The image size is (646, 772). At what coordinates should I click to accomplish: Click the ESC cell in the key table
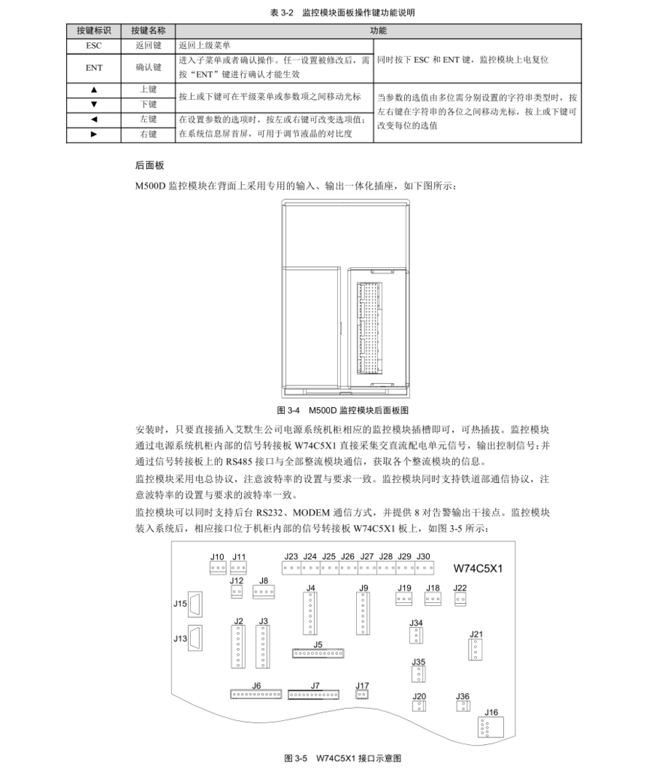[93, 45]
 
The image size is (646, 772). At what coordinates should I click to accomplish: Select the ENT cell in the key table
[93, 68]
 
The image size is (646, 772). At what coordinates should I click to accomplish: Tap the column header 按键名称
[148, 31]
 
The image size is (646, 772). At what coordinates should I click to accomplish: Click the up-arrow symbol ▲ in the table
[93, 89]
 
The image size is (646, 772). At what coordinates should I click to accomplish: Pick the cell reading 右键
[148, 134]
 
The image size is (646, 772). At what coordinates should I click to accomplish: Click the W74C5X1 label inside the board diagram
[478, 568]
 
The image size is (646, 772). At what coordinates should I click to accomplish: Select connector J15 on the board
[195, 604]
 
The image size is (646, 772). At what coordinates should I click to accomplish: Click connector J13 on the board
[195, 638]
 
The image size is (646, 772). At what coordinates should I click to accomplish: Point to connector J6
[255, 695]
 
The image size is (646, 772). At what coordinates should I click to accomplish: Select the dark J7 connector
[314, 695]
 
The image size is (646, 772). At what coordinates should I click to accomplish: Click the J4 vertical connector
[310, 613]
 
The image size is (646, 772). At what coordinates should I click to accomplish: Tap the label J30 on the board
[423, 556]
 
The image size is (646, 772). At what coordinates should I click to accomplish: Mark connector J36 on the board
[463, 706]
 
